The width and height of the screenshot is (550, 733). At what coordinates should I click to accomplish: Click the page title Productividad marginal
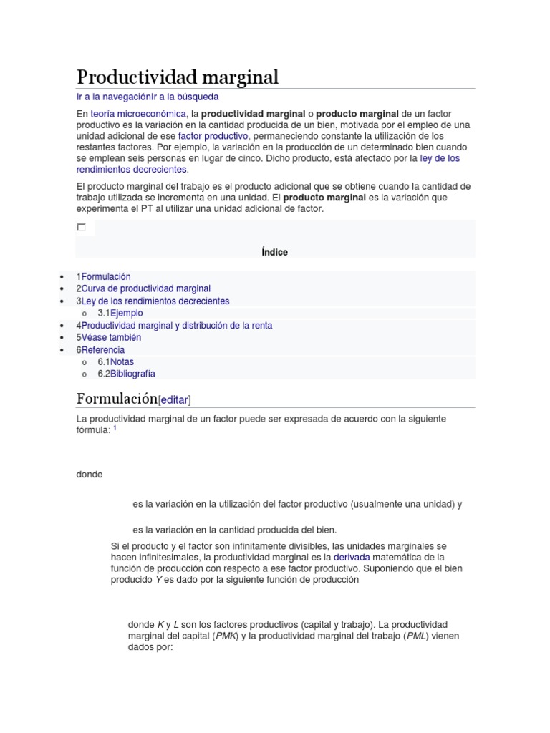(177, 77)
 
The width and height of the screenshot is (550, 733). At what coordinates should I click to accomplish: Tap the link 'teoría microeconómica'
(137, 114)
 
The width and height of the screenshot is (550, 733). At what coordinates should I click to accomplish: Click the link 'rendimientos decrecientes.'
(132, 170)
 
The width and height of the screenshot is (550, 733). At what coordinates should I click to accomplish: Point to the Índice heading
(275, 252)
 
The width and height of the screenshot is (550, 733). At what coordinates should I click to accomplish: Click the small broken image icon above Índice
(81, 227)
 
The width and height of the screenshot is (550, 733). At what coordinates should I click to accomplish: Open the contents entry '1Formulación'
(104, 276)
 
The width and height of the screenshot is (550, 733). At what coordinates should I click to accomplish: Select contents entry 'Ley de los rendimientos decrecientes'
(155, 301)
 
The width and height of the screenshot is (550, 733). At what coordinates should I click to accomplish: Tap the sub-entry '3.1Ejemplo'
(120, 313)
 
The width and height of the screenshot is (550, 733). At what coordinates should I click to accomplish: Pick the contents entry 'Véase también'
(111, 337)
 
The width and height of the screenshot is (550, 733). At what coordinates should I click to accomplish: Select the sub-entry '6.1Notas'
(115, 361)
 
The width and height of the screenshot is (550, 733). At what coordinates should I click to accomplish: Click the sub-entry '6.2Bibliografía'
(126, 374)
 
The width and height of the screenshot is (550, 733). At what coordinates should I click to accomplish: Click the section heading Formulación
(116, 399)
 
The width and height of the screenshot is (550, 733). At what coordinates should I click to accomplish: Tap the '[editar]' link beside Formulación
(175, 399)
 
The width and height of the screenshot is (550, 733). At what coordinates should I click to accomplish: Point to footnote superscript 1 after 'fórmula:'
(115, 428)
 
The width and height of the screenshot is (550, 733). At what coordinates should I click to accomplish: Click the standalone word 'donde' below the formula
(90, 475)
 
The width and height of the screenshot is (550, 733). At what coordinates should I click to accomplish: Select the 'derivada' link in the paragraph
(370, 557)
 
